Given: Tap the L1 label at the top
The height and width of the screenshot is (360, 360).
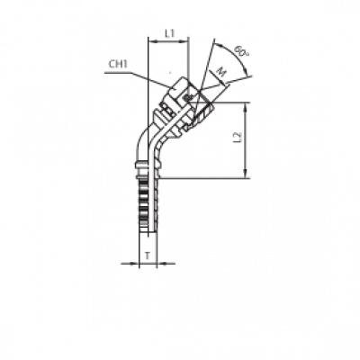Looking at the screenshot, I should click(170, 34).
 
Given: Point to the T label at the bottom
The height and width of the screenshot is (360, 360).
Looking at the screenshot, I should click(146, 256).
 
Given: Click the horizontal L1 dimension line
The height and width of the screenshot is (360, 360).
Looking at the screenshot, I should click(169, 42).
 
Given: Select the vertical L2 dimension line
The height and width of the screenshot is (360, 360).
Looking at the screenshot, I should click(246, 139).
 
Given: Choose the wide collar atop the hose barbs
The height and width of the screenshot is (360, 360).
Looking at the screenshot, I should click(140, 166).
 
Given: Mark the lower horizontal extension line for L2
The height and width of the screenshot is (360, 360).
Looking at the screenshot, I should click(202, 176).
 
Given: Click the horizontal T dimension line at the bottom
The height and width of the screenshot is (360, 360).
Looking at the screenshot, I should click(144, 264).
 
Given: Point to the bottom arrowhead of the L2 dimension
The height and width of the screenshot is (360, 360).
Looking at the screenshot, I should click(246, 173).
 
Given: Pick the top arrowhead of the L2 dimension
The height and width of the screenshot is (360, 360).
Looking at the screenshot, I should click(246, 106).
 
